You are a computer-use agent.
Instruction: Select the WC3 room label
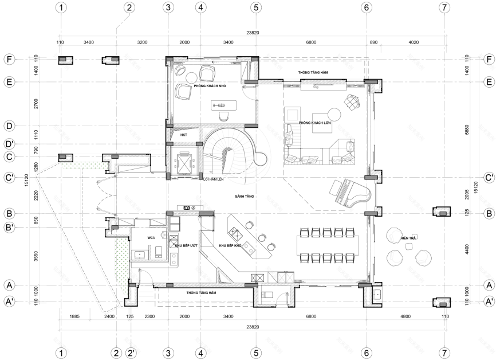[x=151, y=237]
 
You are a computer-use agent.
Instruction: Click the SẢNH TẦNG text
[x=244, y=196]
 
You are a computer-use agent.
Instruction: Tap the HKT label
[x=184, y=135]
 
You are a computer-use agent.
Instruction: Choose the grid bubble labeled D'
[x=9, y=143]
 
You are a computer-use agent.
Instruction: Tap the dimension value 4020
[x=414, y=42]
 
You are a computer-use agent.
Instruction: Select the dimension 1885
[x=74, y=316]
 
